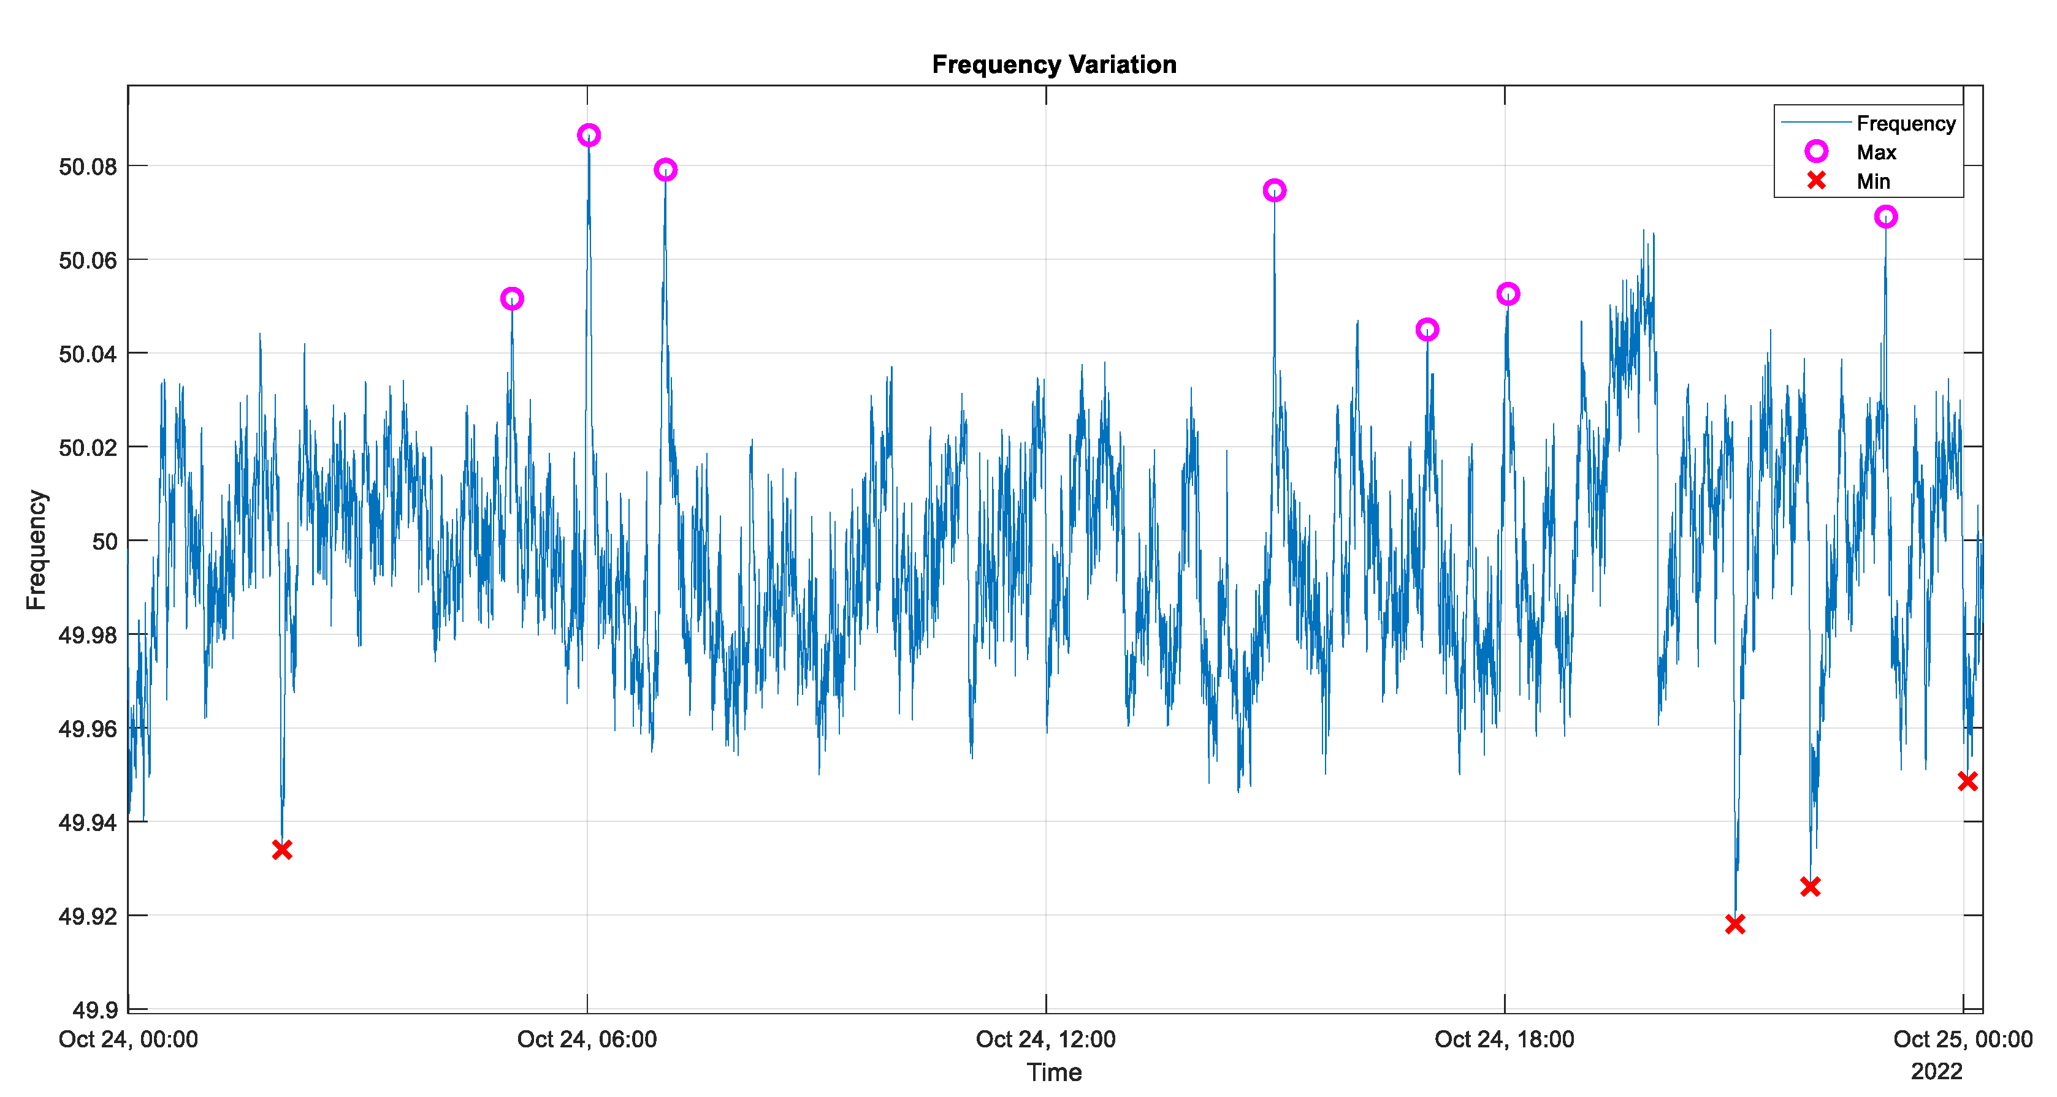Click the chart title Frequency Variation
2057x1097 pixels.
(1053, 64)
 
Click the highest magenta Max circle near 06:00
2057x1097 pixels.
(589, 135)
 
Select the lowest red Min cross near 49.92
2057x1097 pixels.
(1735, 924)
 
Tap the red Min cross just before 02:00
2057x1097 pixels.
(282, 849)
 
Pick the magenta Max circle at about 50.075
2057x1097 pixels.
(1275, 190)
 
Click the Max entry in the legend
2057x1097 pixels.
(1875, 152)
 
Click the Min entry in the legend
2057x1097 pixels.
(1872, 181)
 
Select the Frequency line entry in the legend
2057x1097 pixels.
(1904, 123)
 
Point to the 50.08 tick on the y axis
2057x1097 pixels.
(88, 167)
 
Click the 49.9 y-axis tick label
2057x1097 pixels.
(95, 1010)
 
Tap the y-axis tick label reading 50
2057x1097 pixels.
(105, 541)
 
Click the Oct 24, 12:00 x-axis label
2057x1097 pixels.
(1045, 1039)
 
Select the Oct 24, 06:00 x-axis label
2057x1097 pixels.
(587, 1039)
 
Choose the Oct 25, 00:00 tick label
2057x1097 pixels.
(1962, 1039)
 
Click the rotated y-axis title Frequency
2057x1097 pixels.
(37, 549)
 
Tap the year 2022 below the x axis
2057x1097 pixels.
(1936, 1071)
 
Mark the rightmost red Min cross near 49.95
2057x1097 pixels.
(1967, 781)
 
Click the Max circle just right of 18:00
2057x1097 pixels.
(1508, 294)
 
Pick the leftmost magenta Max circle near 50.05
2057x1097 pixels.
(512, 298)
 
